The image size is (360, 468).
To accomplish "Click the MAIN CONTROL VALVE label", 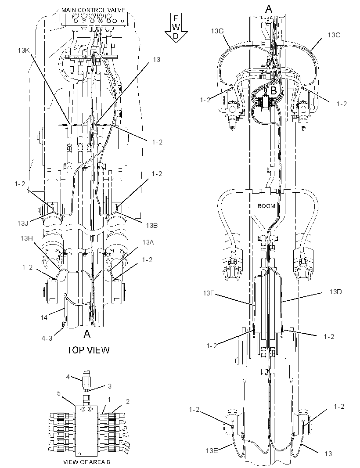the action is (x=93, y=10).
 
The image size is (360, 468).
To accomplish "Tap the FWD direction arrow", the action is (x=176, y=28).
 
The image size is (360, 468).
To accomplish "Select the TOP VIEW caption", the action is (x=88, y=350).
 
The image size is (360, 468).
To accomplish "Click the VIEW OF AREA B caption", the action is (x=84, y=462).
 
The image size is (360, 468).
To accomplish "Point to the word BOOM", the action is (x=266, y=206).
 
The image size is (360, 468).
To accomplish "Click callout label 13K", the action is (x=24, y=50).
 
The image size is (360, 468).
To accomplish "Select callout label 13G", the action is (x=217, y=31).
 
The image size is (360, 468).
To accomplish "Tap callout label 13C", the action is (x=334, y=35).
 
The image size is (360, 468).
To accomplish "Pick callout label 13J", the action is (x=22, y=223).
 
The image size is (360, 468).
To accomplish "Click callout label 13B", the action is (x=151, y=226).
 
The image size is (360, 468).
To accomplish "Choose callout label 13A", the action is (x=148, y=242).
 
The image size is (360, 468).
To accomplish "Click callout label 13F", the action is (x=209, y=293).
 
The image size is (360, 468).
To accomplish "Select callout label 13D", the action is (x=335, y=292).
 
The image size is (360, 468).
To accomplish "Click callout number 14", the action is (x=44, y=317).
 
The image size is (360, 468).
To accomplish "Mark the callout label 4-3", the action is (x=47, y=338).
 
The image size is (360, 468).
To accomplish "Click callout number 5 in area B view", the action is (x=59, y=393).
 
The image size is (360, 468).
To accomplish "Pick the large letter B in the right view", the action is (x=273, y=90).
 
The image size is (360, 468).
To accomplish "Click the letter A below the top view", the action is (x=87, y=334).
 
